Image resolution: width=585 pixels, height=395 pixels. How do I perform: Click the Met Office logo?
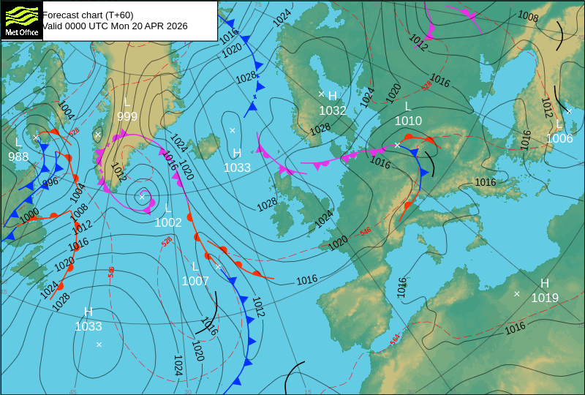(22, 20)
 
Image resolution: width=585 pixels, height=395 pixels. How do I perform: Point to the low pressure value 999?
(127, 116)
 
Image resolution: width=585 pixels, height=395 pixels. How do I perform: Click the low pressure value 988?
(18, 157)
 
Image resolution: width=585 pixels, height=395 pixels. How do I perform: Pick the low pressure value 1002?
(167, 222)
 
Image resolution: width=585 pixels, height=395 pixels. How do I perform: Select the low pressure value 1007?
(195, 281)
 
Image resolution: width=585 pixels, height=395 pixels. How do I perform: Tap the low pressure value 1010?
(408, 121)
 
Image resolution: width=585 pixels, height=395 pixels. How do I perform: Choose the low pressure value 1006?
(559, 138)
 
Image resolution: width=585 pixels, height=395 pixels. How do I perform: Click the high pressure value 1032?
(333, 110)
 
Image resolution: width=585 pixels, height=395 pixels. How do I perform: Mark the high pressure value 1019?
(545, 298)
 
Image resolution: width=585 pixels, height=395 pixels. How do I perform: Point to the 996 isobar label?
(50, 182)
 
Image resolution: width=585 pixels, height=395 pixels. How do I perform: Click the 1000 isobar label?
(29, 215)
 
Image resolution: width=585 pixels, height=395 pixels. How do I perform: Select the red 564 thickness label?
(395, 339)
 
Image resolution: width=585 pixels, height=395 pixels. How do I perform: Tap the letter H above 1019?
(545, 283)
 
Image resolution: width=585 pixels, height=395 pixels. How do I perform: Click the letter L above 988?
(18, 142)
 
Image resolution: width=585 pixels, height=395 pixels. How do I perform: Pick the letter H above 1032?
(333, 96)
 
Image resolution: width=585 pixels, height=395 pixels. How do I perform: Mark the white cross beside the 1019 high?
(517, 294)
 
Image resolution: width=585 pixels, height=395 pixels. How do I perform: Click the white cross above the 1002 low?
(142, 196)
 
